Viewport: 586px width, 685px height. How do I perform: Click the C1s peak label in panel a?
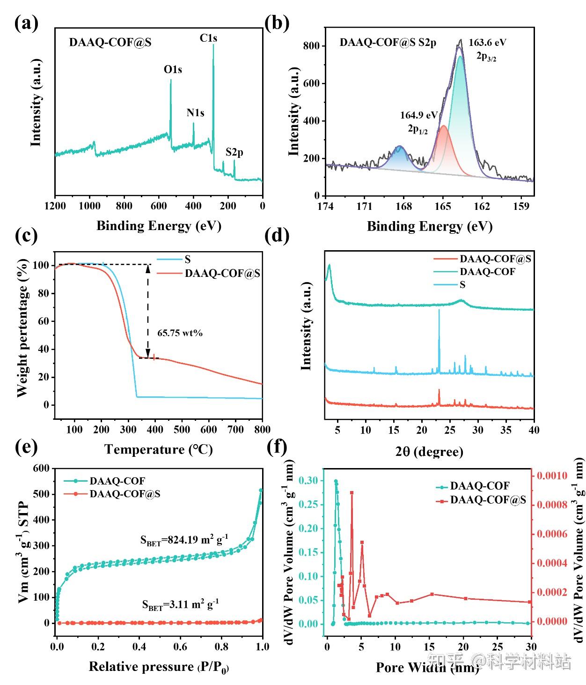click(208, 38)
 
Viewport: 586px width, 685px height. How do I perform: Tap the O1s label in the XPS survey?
click(173, 70)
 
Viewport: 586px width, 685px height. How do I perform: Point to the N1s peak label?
click(195, 113)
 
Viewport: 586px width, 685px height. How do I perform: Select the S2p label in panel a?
click(234, 152)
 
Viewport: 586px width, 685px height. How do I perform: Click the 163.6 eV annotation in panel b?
click(487, 43)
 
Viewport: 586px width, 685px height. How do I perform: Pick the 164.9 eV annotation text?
click(418, 115)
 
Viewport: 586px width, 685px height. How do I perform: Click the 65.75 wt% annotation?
click(180, 334)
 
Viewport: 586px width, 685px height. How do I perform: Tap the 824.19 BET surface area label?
click(184, 540)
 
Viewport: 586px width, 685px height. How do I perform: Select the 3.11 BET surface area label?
click(180, 604)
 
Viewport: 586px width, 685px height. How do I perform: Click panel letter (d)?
click(277, 236)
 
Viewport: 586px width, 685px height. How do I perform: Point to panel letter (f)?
click(276, 447)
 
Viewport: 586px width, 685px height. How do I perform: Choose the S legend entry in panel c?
click(188, 260)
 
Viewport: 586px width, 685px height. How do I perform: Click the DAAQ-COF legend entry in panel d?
click(487, 272)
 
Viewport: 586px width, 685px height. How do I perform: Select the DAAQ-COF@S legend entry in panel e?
click(125, 494)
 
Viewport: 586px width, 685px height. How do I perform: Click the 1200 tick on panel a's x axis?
click(55, 206)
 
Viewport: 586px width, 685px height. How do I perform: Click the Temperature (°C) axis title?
click(158, 450)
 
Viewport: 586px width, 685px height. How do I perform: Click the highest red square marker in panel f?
click(352, 492)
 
